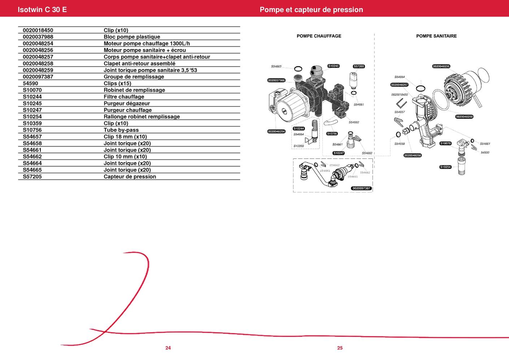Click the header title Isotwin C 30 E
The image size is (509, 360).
pos(42,9)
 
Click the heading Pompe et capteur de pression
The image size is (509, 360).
pos(311,9)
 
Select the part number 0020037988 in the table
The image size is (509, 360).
pos(38,37)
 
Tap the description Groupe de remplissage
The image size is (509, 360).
pos(134,77)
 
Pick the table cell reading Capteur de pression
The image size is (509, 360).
pos(130,177)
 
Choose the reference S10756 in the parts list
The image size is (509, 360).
pos(32,130)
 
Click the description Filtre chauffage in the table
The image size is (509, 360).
pos(124,97)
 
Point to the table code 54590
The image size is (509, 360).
pos(30,83)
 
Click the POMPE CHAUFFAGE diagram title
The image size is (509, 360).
pos(319,36)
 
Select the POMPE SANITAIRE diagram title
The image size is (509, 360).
pos(436,36)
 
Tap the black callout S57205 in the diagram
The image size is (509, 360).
pos(359,66)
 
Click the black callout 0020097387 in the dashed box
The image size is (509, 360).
pos(361,188)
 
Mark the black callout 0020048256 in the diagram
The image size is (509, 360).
pos(441,66)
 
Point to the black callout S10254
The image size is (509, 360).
pos(445,167)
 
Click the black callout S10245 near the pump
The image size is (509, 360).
pos(333,66)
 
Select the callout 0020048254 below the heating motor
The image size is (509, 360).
pos(276,131)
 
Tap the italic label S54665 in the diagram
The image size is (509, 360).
pos(276,66)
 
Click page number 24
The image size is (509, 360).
pos(168,348)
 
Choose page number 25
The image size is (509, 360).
pos(340,348)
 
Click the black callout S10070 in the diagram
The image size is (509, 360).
pos(445,143)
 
